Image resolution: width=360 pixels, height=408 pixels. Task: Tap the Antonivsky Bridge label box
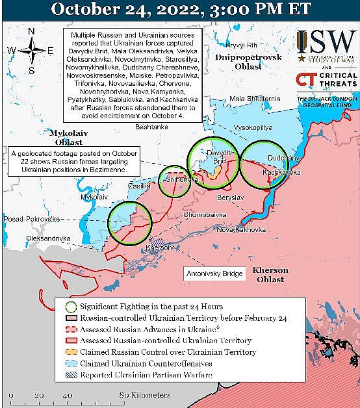[x=214, y=274]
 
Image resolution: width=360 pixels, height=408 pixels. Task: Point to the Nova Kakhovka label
[x=241, y=229]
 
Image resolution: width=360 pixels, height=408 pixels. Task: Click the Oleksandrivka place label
[x=47, y=238]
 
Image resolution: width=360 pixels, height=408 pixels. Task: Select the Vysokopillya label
[x=253, y=128]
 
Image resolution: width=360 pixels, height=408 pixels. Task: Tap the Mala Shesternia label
[x=255, y=98]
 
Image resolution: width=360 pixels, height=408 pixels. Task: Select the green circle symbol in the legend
[x=71, y=306]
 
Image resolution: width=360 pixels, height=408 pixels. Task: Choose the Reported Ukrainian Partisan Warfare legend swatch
[x=71, y=375]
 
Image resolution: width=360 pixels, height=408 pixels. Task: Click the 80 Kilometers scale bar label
[x=144, y=394]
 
